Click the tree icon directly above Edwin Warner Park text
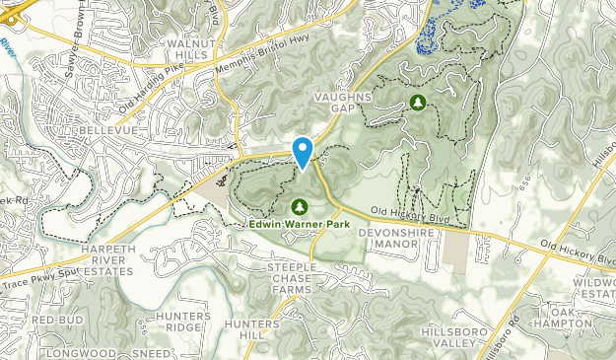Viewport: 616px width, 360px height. point(300,206)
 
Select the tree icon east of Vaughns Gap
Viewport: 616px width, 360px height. point(417,102)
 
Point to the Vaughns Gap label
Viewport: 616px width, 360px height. point(344,104)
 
